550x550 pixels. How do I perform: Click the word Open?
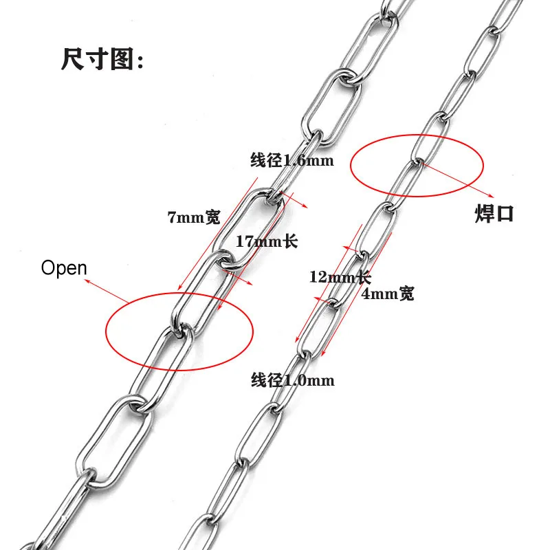pyautogui.click(x=64, y=267)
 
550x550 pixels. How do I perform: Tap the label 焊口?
pyautogui.click(x=494, y=213)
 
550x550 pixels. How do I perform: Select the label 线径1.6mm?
pyautogui.click(x=291, y=162)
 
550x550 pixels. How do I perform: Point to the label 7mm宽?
pyautogui.click(x=193, y=218)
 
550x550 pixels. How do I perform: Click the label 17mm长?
pyautogui.click(x=266, y=242)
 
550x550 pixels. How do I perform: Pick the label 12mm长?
pyautogui.click(x=340, y=278)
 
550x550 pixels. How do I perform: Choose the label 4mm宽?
pyautogui.click(x=388, y=294)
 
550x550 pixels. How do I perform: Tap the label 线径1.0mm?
pyautogui.click(x=292, y=380)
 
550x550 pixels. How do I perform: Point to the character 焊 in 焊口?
pyautogui.click(x=484, y=213)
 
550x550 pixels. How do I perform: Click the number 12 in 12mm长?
pyautogui.click(x=318, y=278)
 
